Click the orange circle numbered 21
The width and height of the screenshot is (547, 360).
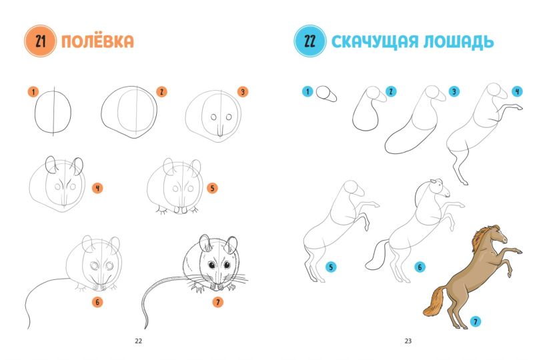(41, 41)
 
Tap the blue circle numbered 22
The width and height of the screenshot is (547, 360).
(310, 41)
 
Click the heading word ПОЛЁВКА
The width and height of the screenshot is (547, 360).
(97, 41)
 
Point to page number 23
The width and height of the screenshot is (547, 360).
(408, 341)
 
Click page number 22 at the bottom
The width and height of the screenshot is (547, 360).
(139, 341)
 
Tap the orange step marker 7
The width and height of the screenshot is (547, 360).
(217, 302)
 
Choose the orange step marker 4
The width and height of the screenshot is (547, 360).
(97, 189)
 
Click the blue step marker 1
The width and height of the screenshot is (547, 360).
(308, 91)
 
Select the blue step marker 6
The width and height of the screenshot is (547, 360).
(420, 267)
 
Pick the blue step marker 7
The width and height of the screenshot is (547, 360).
(475, 321)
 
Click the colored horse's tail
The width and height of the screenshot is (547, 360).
(434, 302)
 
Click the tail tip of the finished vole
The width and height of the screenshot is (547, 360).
(146, 327)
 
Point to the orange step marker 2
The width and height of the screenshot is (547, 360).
(161, 92)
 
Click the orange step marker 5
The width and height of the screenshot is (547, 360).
(212, 189)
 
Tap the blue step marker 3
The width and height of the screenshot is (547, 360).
(454, 91)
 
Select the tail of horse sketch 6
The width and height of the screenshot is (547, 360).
(376, 255)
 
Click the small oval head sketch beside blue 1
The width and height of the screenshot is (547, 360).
(326, 94)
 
